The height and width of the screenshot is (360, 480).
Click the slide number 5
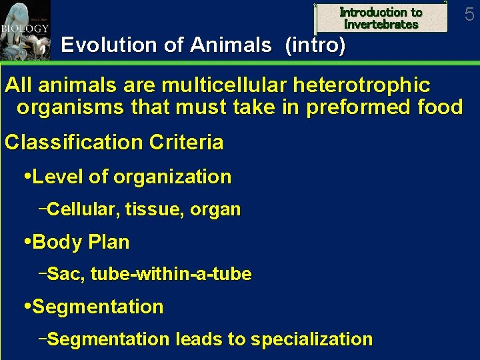(x=469, y=14)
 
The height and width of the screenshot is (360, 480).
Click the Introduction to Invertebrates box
(x=381, y=18)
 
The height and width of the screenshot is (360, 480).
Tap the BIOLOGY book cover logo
(x=25, y=31)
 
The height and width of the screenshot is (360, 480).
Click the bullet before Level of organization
(x=27, y=177)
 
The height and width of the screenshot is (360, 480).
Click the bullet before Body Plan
(x=27, y=242)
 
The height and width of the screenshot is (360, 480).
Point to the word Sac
(x=64, y=274)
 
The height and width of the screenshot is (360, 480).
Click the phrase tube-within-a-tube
(x=171, y=274)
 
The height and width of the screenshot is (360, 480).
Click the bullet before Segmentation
(x=27, y=307)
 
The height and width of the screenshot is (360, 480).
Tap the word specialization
(x=311, y=339)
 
